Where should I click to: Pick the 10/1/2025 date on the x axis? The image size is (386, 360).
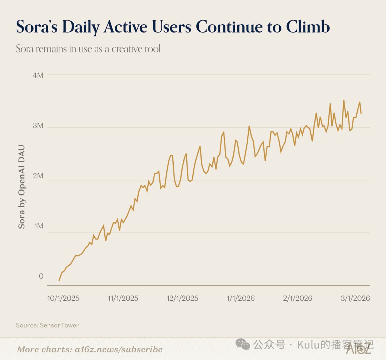coord(63,298)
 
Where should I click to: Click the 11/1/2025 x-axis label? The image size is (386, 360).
coord(123,298)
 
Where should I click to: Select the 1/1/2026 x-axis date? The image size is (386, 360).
coord(240,298)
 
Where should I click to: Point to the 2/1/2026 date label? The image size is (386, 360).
coord(297,298)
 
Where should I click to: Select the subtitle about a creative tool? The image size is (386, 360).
coord(88,49)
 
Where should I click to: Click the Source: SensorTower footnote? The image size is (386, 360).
coord(48,325)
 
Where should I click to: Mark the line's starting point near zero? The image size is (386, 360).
coord(59,281)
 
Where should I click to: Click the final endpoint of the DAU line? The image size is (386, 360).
coord(361,113)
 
